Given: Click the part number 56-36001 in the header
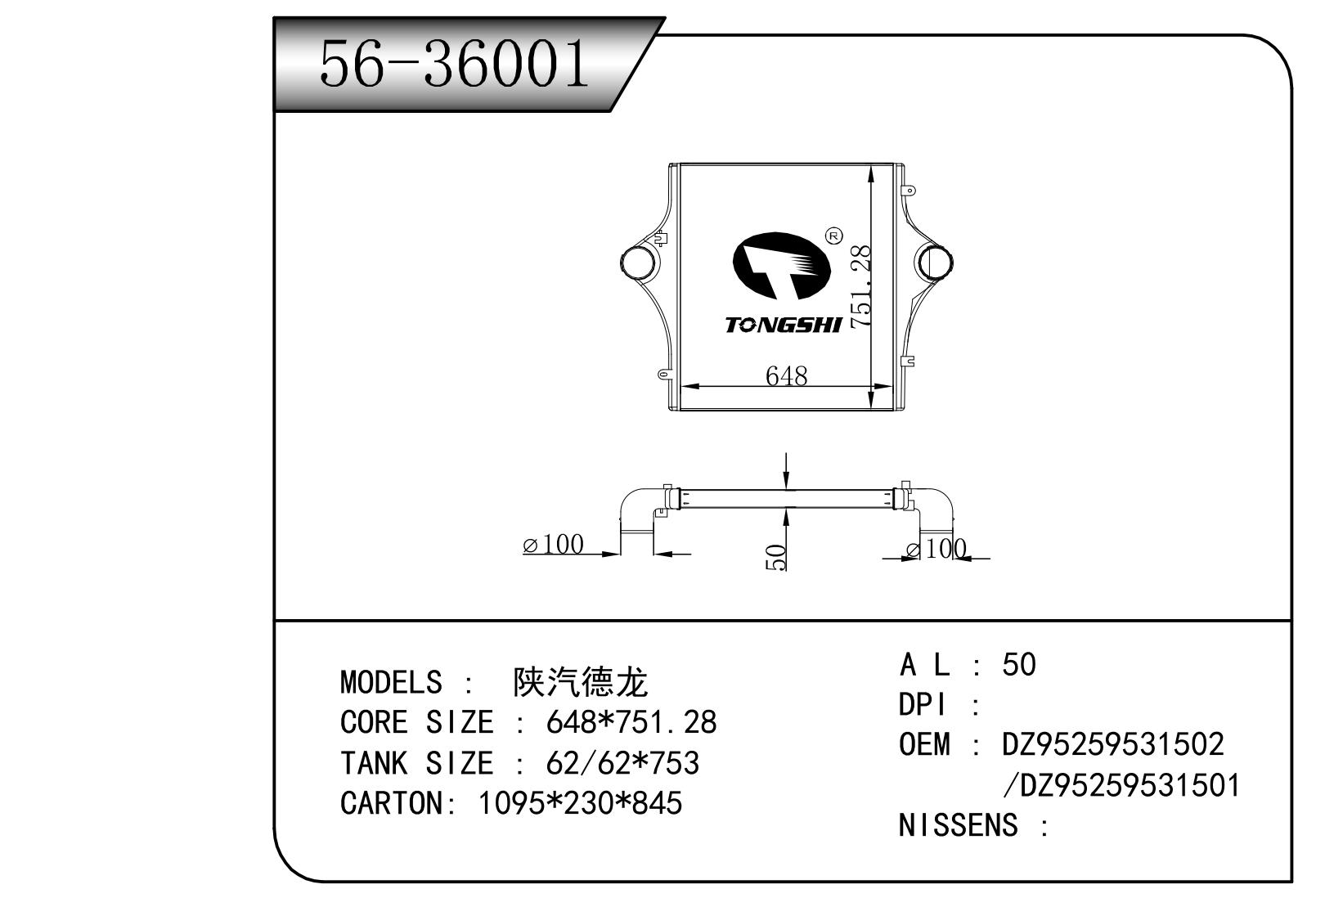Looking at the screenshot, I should click(x=454, y=64).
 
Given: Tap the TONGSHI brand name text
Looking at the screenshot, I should click(x=783, y=326).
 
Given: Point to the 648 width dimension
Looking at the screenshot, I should click(x=786, y=375).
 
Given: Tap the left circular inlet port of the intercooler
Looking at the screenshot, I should click(x=638, y=263).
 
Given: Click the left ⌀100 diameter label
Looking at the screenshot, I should click(x=554, y=544).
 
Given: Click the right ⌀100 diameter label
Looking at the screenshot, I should click(x=938, y=549).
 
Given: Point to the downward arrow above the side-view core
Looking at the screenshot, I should click(x=786, y=470).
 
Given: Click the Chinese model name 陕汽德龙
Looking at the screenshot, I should click(x=580, y=682).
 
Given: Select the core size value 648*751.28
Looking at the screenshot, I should click(x=631, y=722).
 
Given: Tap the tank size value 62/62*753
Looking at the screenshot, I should click(x=622, y=763).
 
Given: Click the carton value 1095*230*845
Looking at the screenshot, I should click(x=579, y=803).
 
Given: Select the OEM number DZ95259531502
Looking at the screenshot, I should click(x=1112, y=744).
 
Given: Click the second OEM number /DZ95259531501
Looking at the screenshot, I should click(x=1121, y=785).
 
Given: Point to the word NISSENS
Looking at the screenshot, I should click(x=958, y=825).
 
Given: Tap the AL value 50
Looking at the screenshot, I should click(x=1018, y=665).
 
